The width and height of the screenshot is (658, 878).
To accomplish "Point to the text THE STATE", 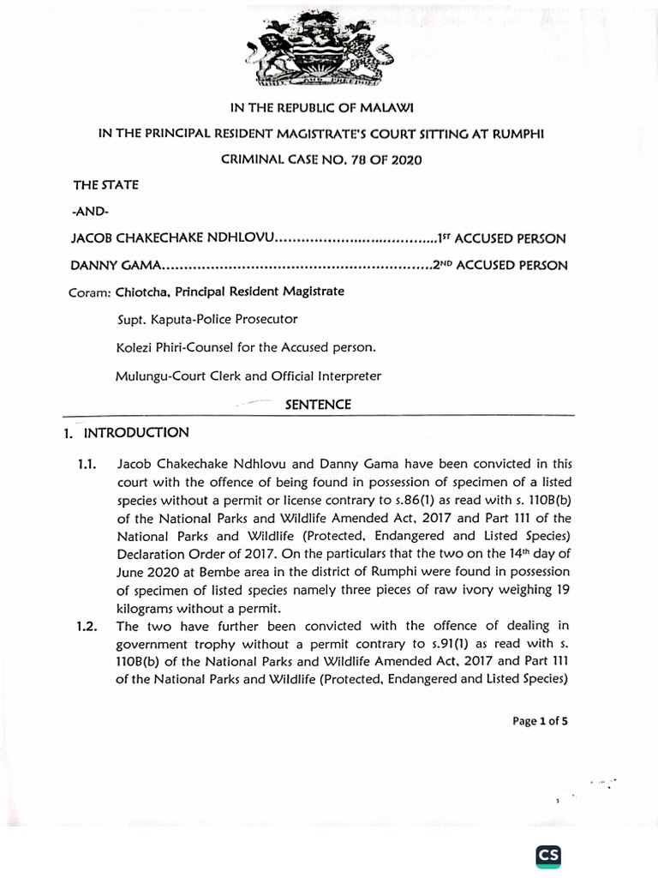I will (x=105, y=184).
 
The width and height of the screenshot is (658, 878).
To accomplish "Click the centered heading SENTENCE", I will (x=318, y=405).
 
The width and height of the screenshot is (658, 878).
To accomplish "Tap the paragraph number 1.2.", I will (x=87, y=627).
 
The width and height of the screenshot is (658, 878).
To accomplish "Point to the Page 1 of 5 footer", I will (x=539, y=721).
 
